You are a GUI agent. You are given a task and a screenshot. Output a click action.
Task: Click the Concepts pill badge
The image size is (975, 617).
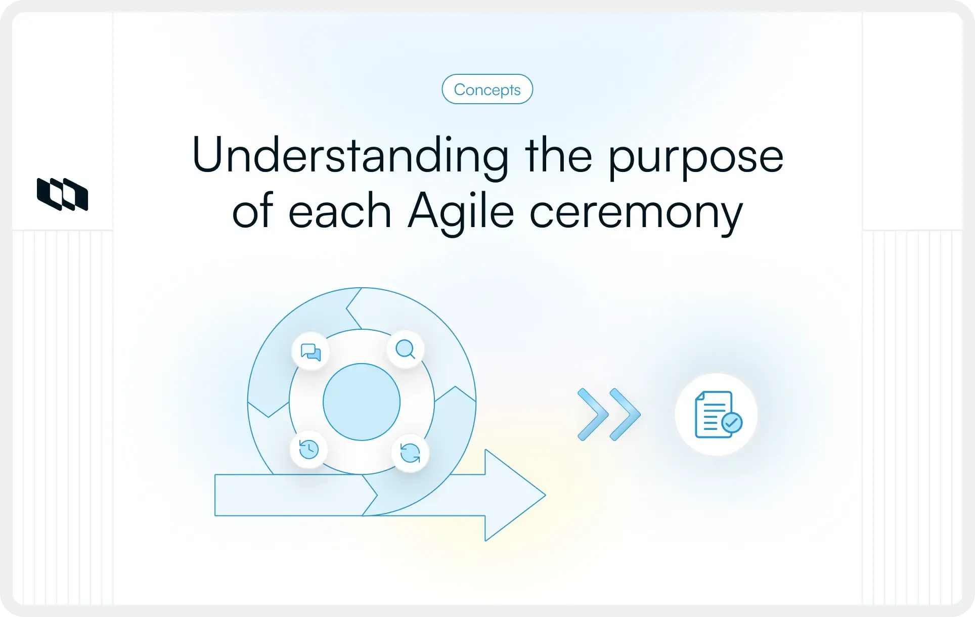pyautogui.click(x=487, y=89)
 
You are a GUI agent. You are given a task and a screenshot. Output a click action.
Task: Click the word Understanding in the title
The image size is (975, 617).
pyautogui.click(x=350, y=156)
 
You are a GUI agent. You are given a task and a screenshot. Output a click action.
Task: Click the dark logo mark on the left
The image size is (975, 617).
pyautogui.click(x=63, y=194)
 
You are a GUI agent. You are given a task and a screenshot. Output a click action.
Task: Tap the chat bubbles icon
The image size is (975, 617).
pyautogui.click(x=311, y=351)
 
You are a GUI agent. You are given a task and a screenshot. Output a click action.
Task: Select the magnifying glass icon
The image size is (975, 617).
pyautogui.click(x=406, y=349)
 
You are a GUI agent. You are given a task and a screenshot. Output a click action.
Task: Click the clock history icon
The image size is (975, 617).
pyautogui.click(x=308, y=449)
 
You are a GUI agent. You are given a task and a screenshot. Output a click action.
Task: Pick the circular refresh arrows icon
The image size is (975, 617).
pyautogui.click(x=410, y=453)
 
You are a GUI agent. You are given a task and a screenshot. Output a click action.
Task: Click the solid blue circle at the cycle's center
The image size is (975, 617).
pyautogui.click(x=362, y=402)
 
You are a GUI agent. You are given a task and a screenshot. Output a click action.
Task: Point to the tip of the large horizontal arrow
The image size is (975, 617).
pyautogui.click(x=546, y=495)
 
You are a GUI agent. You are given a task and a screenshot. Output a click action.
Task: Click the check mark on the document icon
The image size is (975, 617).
pyautogui.click(x=732, y=422)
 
